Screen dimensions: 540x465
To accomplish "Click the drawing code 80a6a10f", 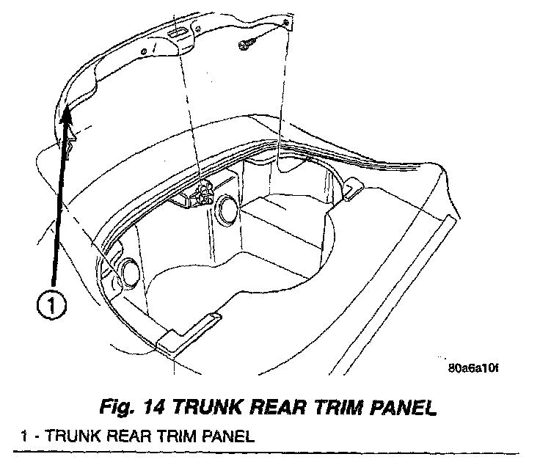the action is tap(472, 368).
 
